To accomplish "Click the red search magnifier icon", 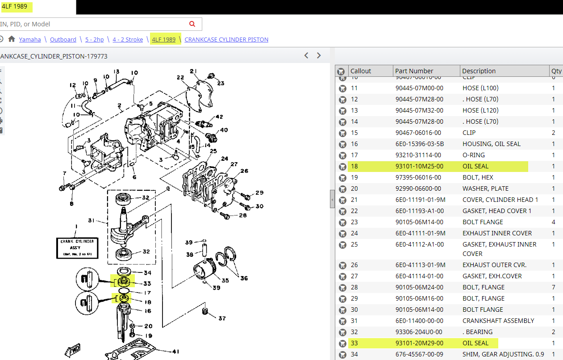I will [192, 24].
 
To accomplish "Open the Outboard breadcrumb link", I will [63, 39].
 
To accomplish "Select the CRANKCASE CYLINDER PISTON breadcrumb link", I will [226, 39].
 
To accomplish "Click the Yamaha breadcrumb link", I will [30, 39].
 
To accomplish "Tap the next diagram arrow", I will [319, 55].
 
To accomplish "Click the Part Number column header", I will [414, 71].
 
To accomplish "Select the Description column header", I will [479, 71].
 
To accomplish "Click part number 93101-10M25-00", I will [419, 166].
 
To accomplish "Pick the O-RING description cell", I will [474, 155].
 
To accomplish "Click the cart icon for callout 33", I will [342, 343].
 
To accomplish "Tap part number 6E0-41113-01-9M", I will [420, 265].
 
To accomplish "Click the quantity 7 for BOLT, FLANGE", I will [554, 287].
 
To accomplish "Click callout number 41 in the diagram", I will [175, 351].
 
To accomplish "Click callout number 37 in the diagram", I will [222, 318].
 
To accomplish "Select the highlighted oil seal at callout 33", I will [124, 282].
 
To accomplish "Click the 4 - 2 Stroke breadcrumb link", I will [128, 39].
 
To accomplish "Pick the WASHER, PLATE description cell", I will [485, 188].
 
